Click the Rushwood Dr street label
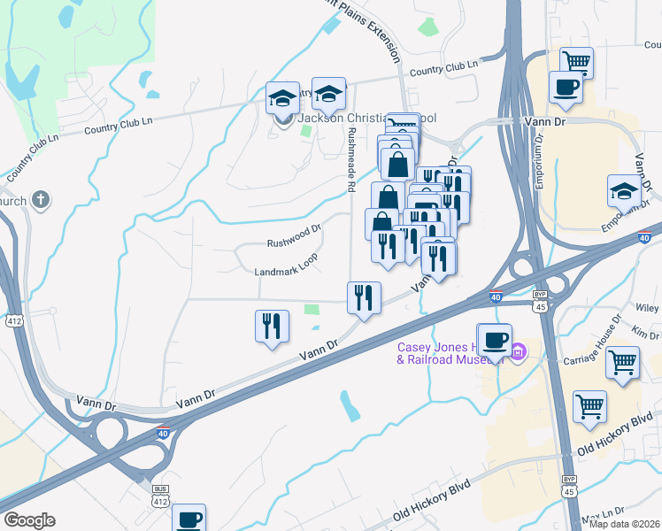click(294, 242)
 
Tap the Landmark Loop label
click(285, 272)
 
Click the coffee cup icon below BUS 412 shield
click(189, 518)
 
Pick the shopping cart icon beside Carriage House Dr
click(623, 361)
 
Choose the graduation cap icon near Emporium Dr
click(624, 190)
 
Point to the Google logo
click(28, 520)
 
